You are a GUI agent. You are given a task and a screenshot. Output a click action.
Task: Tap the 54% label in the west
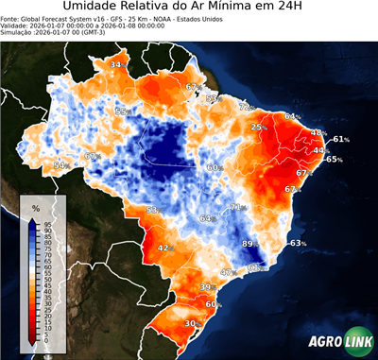61,165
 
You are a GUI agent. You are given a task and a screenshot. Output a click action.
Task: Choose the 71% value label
238,207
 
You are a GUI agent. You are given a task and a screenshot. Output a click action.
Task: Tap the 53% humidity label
153,210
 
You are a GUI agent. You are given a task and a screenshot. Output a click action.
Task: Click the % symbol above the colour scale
35,206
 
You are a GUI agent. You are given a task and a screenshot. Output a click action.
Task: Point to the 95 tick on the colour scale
47,223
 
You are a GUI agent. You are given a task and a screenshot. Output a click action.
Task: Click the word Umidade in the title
95,8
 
